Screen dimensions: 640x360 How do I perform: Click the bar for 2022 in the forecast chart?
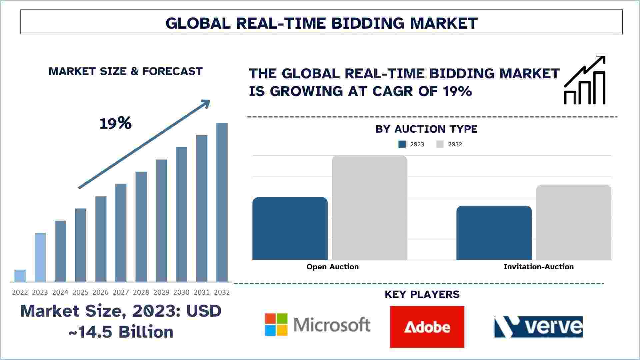coord(20,276)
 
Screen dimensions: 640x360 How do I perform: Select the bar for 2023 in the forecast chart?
coord(40,257)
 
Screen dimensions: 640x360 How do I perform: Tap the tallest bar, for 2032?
coord(222,202)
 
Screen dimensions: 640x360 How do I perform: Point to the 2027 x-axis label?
coord(121,292)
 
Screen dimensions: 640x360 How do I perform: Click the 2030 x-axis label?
coord(181,292)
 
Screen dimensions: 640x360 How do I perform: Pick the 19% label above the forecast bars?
coord(115,123)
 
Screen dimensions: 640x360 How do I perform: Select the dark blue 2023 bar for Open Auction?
coord(290,229)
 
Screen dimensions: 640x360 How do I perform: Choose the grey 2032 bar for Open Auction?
coord(370,208)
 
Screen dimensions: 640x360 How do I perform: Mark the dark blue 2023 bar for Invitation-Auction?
coord(494,233)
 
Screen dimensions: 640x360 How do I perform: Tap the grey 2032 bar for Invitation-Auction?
coord(574,222)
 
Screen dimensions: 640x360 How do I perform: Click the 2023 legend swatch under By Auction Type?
coord(402,144)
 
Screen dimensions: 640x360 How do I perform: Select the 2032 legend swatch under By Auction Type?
coord(440,144)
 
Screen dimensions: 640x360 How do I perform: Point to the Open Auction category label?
coord(333,267)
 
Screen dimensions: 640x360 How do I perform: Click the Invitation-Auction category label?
coord(539,267)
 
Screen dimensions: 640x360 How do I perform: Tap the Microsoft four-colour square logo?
coord(276,325)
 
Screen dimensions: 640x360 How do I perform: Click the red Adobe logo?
coord(427,327)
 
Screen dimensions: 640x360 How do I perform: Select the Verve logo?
coord(539,327)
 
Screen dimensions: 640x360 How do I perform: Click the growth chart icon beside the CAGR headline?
coord(585,80)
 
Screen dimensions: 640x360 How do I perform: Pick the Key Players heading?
coord(422,294)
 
